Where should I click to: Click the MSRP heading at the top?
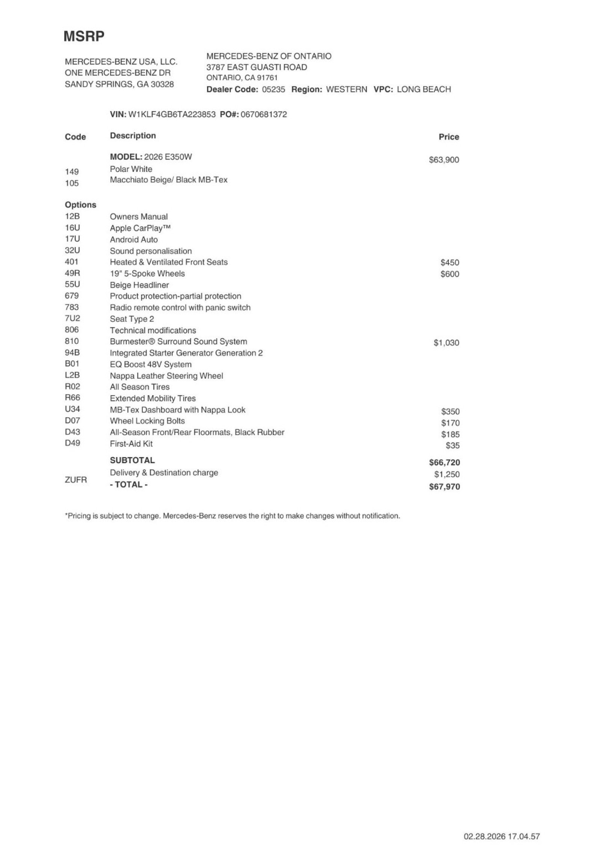[x=84, y=36]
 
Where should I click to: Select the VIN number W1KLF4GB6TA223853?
[x=172, y=114]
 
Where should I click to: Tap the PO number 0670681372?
[x=263, y=114]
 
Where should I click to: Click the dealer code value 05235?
[x=273, y=89]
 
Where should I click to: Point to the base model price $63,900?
[x=444, y=160]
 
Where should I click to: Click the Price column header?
[x=448, y=137]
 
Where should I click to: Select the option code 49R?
[x=72, y=273]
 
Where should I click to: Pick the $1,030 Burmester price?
[x=446, y=343]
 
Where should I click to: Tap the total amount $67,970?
[x=444, y=487]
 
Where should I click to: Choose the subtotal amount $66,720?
[x=444, y=462]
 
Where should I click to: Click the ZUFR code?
[x=76, y=480]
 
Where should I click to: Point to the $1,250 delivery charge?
[x=447, y=474]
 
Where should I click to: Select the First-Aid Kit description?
[x=131, y=444]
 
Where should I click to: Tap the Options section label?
[x=80, y=205]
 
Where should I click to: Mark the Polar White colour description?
[x=131, y=169]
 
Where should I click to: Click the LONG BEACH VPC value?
[x=423, y=89]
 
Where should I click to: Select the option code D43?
[x=72, y=432]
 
